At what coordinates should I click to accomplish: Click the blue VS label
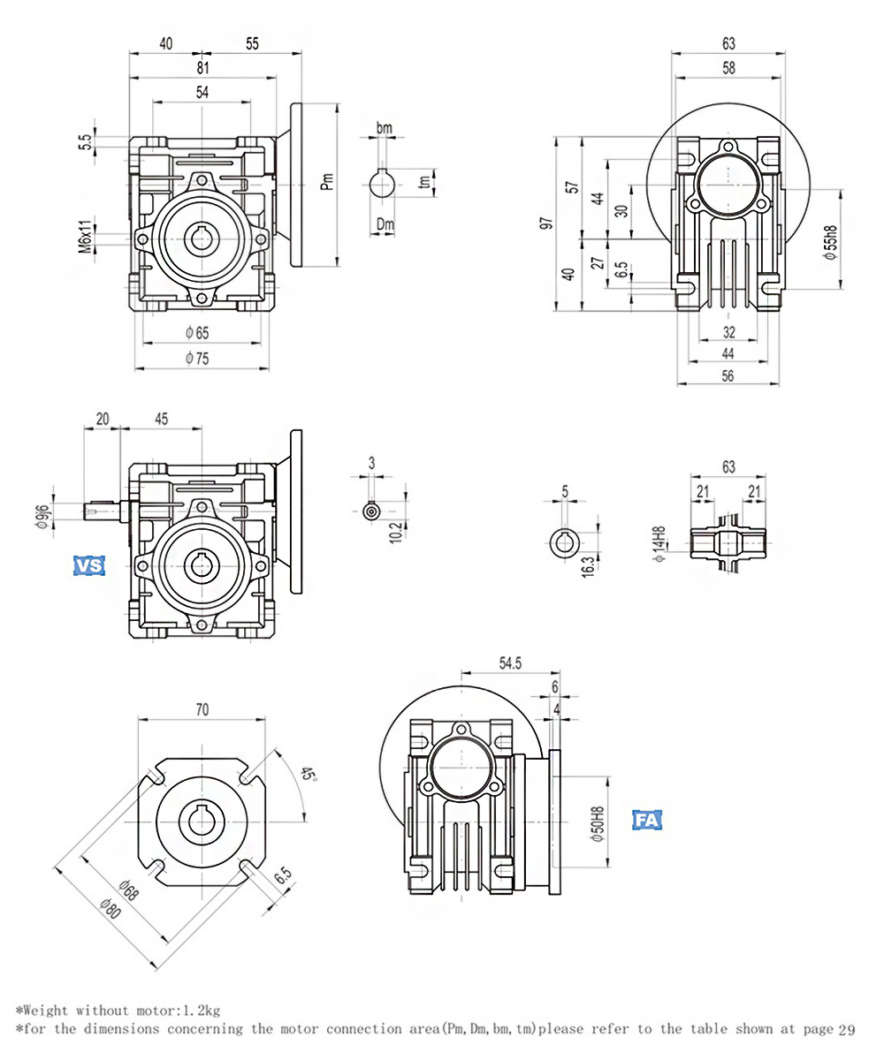pos(88,566)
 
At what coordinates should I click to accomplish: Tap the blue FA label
pos(648,819)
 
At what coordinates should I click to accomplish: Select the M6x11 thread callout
pos(85,237)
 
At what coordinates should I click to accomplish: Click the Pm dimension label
pos(327,182)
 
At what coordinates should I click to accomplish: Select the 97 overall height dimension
pos(545,224)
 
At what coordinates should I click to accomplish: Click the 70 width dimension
pos(202,708)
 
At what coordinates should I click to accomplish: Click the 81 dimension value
pos(203,66)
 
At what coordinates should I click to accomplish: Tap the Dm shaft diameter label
pos(385,224)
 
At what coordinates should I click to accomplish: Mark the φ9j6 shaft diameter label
pos(42,514)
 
